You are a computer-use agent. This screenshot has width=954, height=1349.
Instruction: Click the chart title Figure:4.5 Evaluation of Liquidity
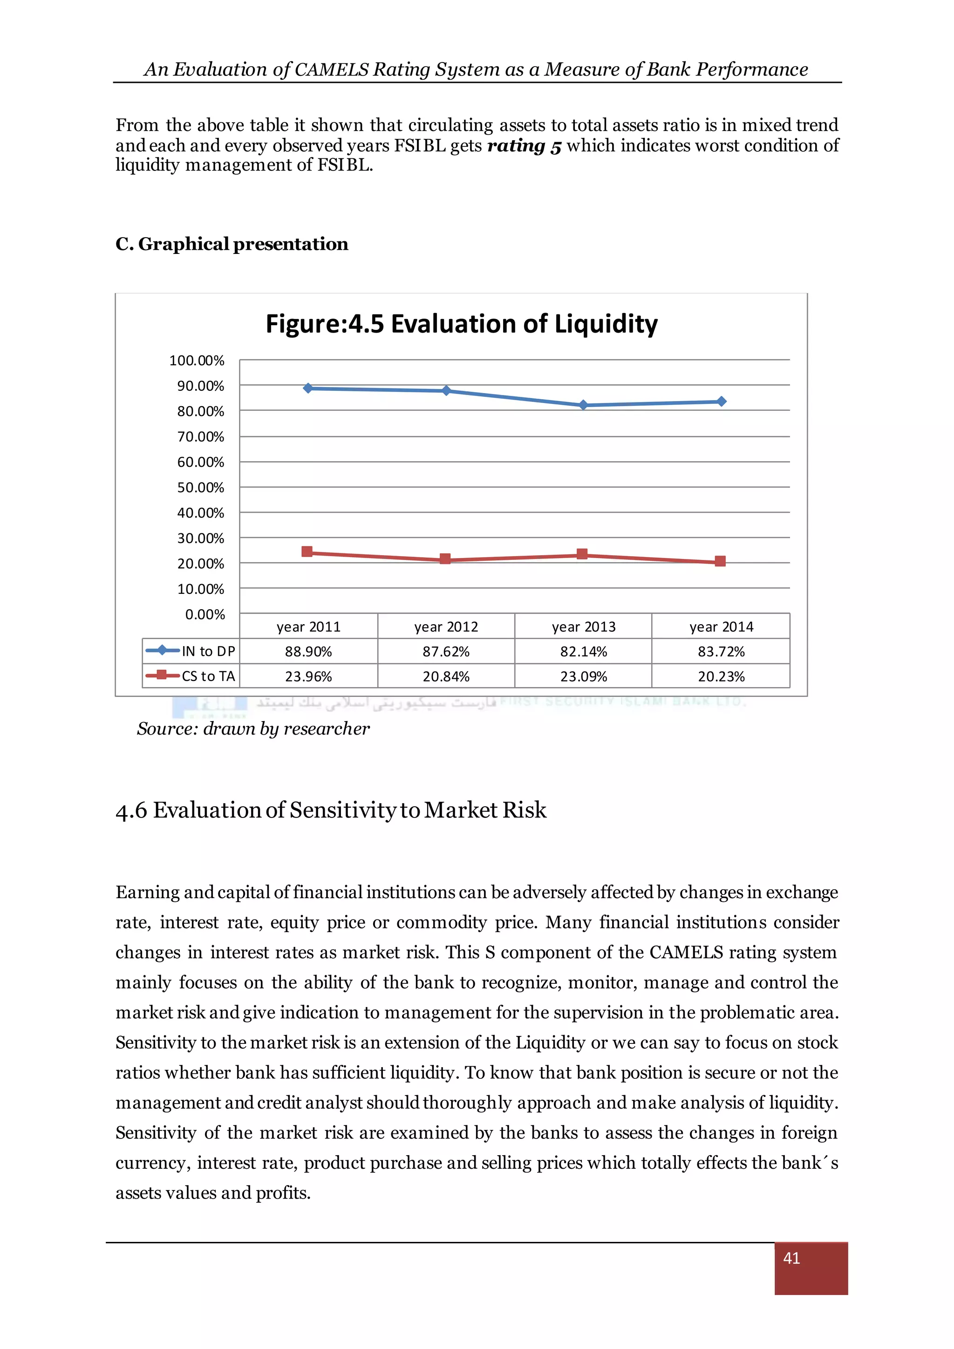(x=461, y=324)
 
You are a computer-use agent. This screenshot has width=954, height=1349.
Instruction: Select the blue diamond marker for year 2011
(x=308, y=388)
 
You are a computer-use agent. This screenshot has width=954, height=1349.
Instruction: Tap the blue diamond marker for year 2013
(x=583, y=405)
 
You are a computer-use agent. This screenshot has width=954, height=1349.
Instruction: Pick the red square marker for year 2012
(x=445, y=559)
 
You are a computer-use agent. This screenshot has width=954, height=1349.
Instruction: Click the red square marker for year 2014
(x=720, y=561)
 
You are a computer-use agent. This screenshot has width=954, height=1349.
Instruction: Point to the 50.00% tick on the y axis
(x=201, y=488)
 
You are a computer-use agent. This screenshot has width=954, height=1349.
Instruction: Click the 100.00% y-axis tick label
(x=197, y=361)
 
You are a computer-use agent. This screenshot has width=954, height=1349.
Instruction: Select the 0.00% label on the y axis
(x=205, y=614)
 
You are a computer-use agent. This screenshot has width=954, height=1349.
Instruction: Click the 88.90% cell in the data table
(x=308, y=652)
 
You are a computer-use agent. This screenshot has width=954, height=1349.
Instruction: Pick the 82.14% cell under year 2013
(x=583, y=652)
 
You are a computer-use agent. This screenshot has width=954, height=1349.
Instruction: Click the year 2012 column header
(x=446, y=627)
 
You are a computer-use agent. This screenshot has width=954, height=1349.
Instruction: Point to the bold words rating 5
(x=524, y=145)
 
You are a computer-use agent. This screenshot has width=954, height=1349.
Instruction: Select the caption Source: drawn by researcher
(x=253, y=729)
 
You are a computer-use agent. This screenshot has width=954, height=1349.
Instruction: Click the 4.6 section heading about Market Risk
(x=331, y=810)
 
